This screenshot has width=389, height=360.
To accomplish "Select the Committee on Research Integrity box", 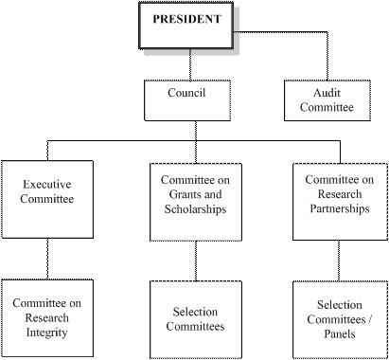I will point(47,318).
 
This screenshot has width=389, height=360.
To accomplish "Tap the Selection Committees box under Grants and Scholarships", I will point(195,318).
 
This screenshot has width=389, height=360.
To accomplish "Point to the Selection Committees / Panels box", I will point(339,318).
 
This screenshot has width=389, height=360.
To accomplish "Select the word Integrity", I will point(47,333).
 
